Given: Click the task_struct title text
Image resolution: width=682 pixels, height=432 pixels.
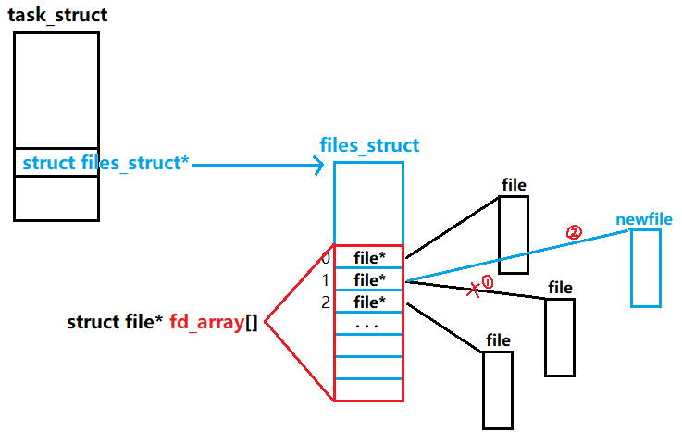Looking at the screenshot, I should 58,15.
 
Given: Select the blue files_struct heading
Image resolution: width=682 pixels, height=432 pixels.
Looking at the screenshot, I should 369,145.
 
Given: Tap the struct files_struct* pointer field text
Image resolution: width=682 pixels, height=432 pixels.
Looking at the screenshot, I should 105,164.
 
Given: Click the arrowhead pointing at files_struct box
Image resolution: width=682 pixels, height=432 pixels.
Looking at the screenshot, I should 317,166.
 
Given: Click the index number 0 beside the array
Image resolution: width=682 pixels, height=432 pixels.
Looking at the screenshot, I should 325,258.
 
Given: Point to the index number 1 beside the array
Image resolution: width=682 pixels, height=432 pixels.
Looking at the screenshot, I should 325,279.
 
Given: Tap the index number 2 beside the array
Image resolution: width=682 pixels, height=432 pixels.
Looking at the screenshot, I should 325,302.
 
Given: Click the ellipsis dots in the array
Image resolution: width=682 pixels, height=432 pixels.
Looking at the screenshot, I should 367,326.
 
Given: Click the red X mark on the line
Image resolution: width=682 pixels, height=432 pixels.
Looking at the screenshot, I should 473,290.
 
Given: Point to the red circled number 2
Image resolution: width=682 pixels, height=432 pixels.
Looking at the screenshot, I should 574,232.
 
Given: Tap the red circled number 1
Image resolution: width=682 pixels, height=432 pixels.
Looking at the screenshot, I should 488,281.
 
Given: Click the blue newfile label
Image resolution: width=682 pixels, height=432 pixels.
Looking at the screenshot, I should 644,220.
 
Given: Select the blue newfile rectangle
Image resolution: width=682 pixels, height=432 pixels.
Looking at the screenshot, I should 646,268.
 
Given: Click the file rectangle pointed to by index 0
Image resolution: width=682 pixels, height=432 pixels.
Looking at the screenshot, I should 514,235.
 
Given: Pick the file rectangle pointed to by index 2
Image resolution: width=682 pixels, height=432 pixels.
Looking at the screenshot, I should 497,389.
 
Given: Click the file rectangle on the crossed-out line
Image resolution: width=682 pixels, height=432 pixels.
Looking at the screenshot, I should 559,337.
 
